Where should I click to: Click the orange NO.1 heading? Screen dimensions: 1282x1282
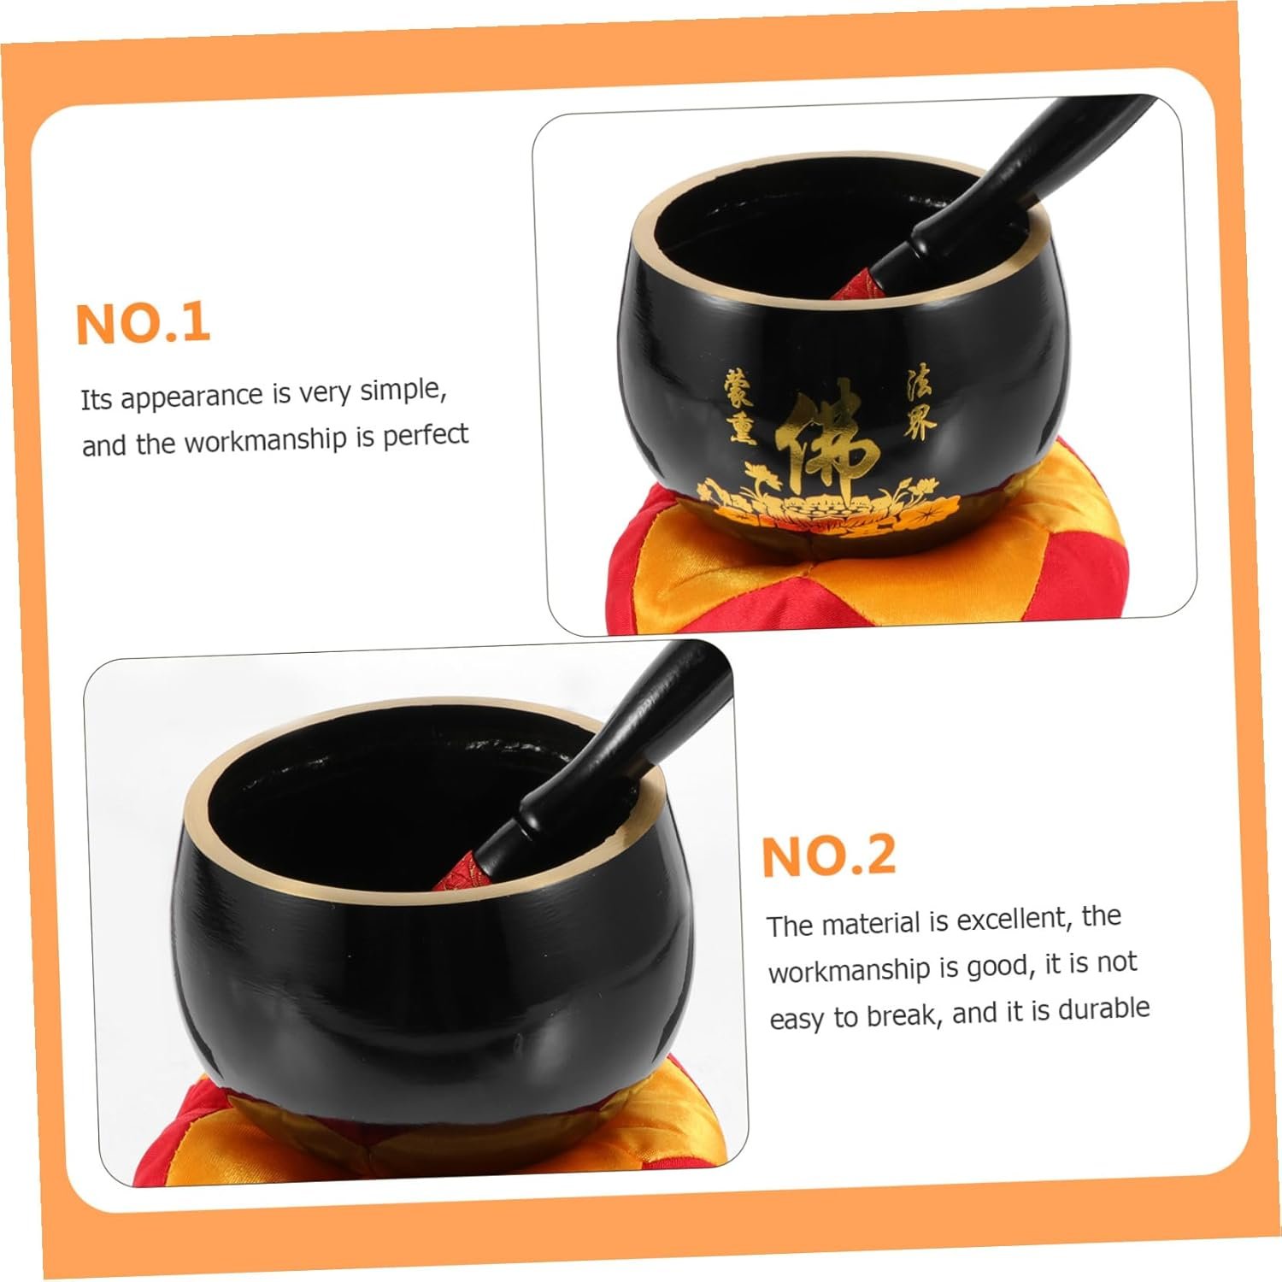[144, 323]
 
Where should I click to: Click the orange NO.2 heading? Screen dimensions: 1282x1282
[829, 856]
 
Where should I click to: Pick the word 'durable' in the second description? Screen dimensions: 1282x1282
[1103, 1009]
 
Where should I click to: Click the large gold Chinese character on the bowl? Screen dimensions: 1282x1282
[826, 447]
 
